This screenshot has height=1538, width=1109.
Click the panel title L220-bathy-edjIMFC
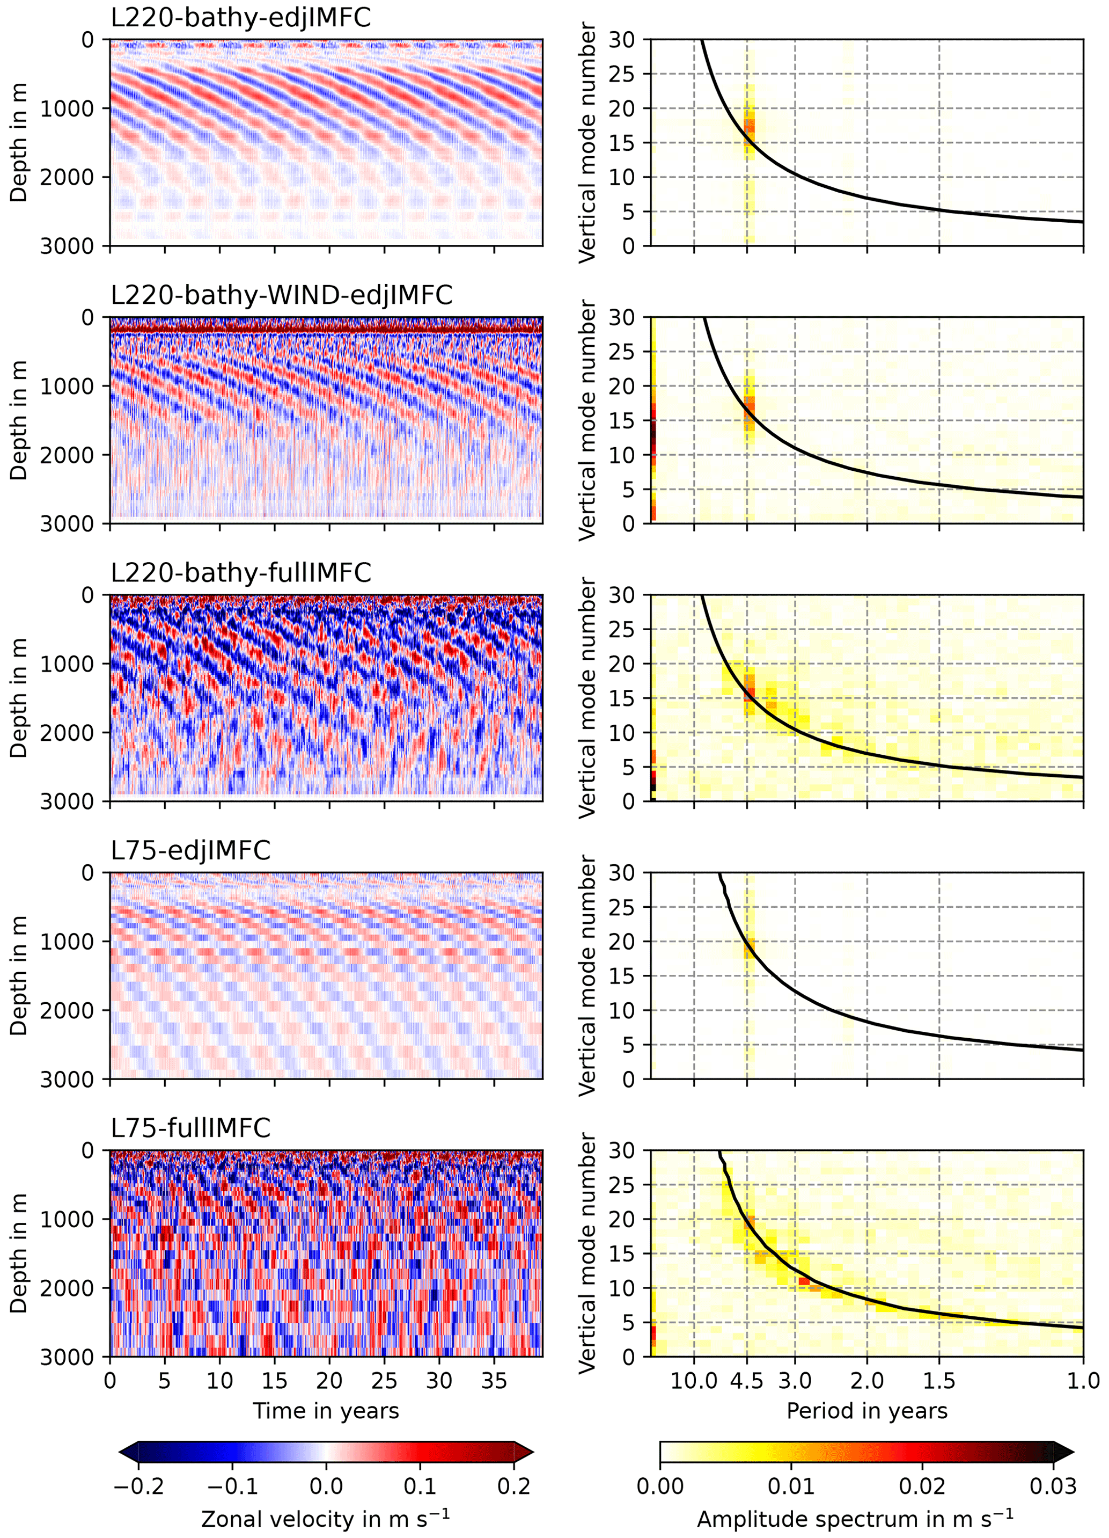(x=241, y=18)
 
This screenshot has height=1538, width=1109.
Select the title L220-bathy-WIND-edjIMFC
(x=281, y=295)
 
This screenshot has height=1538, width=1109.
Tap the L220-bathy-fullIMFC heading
(x=241, y=573)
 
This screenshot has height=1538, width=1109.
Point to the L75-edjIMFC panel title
(x=190, y=850)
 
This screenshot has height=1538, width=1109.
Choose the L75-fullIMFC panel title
(x=190, y=1128)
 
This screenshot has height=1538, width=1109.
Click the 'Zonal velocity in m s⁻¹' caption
(x=326, y=1519)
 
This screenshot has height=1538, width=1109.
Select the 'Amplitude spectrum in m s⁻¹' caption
(x=855, y=1519)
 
